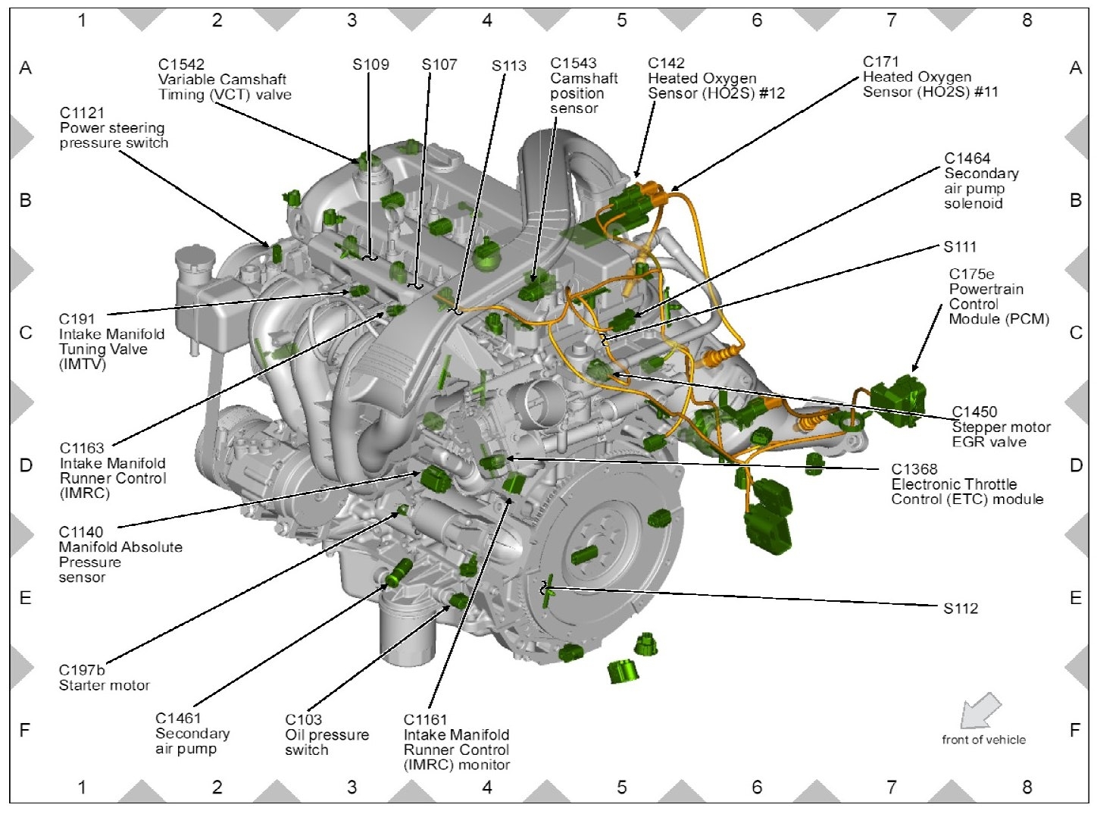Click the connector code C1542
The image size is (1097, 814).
(181, 64)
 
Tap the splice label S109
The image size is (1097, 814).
(370, 64)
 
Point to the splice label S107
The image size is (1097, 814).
(439, 64)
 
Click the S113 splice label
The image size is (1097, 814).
(508, 66)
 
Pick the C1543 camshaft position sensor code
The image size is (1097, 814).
(574, 63)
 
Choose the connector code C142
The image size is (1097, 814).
(666, 63)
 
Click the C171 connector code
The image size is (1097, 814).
(880, 61)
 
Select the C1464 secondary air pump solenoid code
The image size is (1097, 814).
(967, 158)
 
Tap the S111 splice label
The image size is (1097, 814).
(960, 247)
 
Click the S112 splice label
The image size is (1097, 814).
(961, 609)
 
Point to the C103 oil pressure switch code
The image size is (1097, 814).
(303, 719)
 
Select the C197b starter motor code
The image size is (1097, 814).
(82, 670)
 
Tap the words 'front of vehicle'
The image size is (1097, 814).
(983, 740)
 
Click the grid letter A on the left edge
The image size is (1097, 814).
(26, 68)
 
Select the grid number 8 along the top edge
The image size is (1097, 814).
(1027, 20)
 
